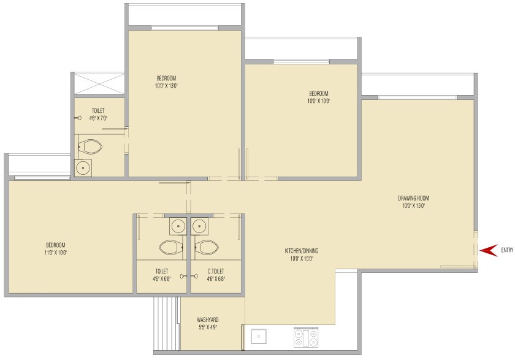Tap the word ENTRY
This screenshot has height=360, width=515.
(507, 250)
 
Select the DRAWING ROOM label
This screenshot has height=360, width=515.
(413, 198)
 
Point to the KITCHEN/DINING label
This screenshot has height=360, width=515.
(302, 251)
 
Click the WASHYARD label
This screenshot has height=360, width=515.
(208, 320)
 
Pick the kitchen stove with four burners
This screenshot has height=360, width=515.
(306, 337)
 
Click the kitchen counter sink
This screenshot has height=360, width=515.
(259, 336)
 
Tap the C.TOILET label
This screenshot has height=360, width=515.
(216, 271)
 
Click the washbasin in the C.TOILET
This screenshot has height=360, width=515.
(199, 226)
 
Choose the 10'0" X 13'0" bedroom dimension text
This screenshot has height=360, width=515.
(167, 86)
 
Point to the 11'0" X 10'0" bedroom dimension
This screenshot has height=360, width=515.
(56, 253)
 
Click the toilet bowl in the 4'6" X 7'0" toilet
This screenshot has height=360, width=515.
(90, 147)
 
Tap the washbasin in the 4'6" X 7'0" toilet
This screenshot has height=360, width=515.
(83, 168)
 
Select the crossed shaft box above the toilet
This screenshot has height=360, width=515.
(99, 83)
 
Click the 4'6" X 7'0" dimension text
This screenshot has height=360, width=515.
(99, 118)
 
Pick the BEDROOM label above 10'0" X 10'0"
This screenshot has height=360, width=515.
(319, 94)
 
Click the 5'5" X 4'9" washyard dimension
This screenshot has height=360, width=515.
(208, 327)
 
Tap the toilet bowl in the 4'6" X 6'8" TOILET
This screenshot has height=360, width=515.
(171, 247)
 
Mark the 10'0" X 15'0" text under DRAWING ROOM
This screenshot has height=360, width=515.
(413, 206)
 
